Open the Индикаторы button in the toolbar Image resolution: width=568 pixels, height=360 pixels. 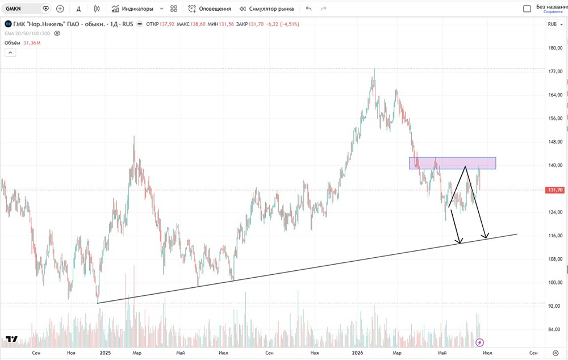[132, 9]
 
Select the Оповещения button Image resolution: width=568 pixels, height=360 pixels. [210, 9]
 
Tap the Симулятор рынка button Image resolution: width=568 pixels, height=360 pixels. [266, 9]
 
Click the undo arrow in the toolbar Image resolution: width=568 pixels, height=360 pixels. [308, 9]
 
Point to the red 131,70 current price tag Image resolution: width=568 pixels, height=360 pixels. [554, 190]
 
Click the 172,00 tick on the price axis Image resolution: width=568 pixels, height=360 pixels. [556, 72]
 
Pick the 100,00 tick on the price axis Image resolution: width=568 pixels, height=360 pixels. [556, 283]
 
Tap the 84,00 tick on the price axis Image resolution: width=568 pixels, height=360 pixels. [556, 329]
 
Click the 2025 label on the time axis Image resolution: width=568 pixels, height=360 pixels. [105, 353]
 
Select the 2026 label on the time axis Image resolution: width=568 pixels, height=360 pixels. [357, 353]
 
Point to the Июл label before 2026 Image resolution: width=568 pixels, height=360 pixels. [223, 353]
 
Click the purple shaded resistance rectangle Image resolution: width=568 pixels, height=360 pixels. [453, 163]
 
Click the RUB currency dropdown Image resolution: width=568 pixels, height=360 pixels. [556, 24]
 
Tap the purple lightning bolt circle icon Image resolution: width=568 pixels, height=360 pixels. [479, 342]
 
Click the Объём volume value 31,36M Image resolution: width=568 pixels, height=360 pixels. [32, 43]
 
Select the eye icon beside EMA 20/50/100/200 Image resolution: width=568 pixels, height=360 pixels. [57, 34]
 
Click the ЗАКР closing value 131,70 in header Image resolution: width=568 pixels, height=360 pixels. [256, 24]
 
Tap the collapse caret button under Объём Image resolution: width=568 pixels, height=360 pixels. [10, 53]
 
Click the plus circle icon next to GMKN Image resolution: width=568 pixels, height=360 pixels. [60, 9]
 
